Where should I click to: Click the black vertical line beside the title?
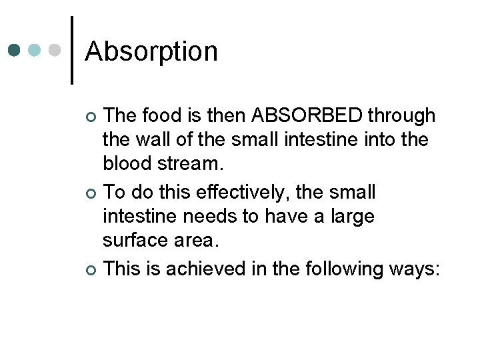click(x=72, y=50)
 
